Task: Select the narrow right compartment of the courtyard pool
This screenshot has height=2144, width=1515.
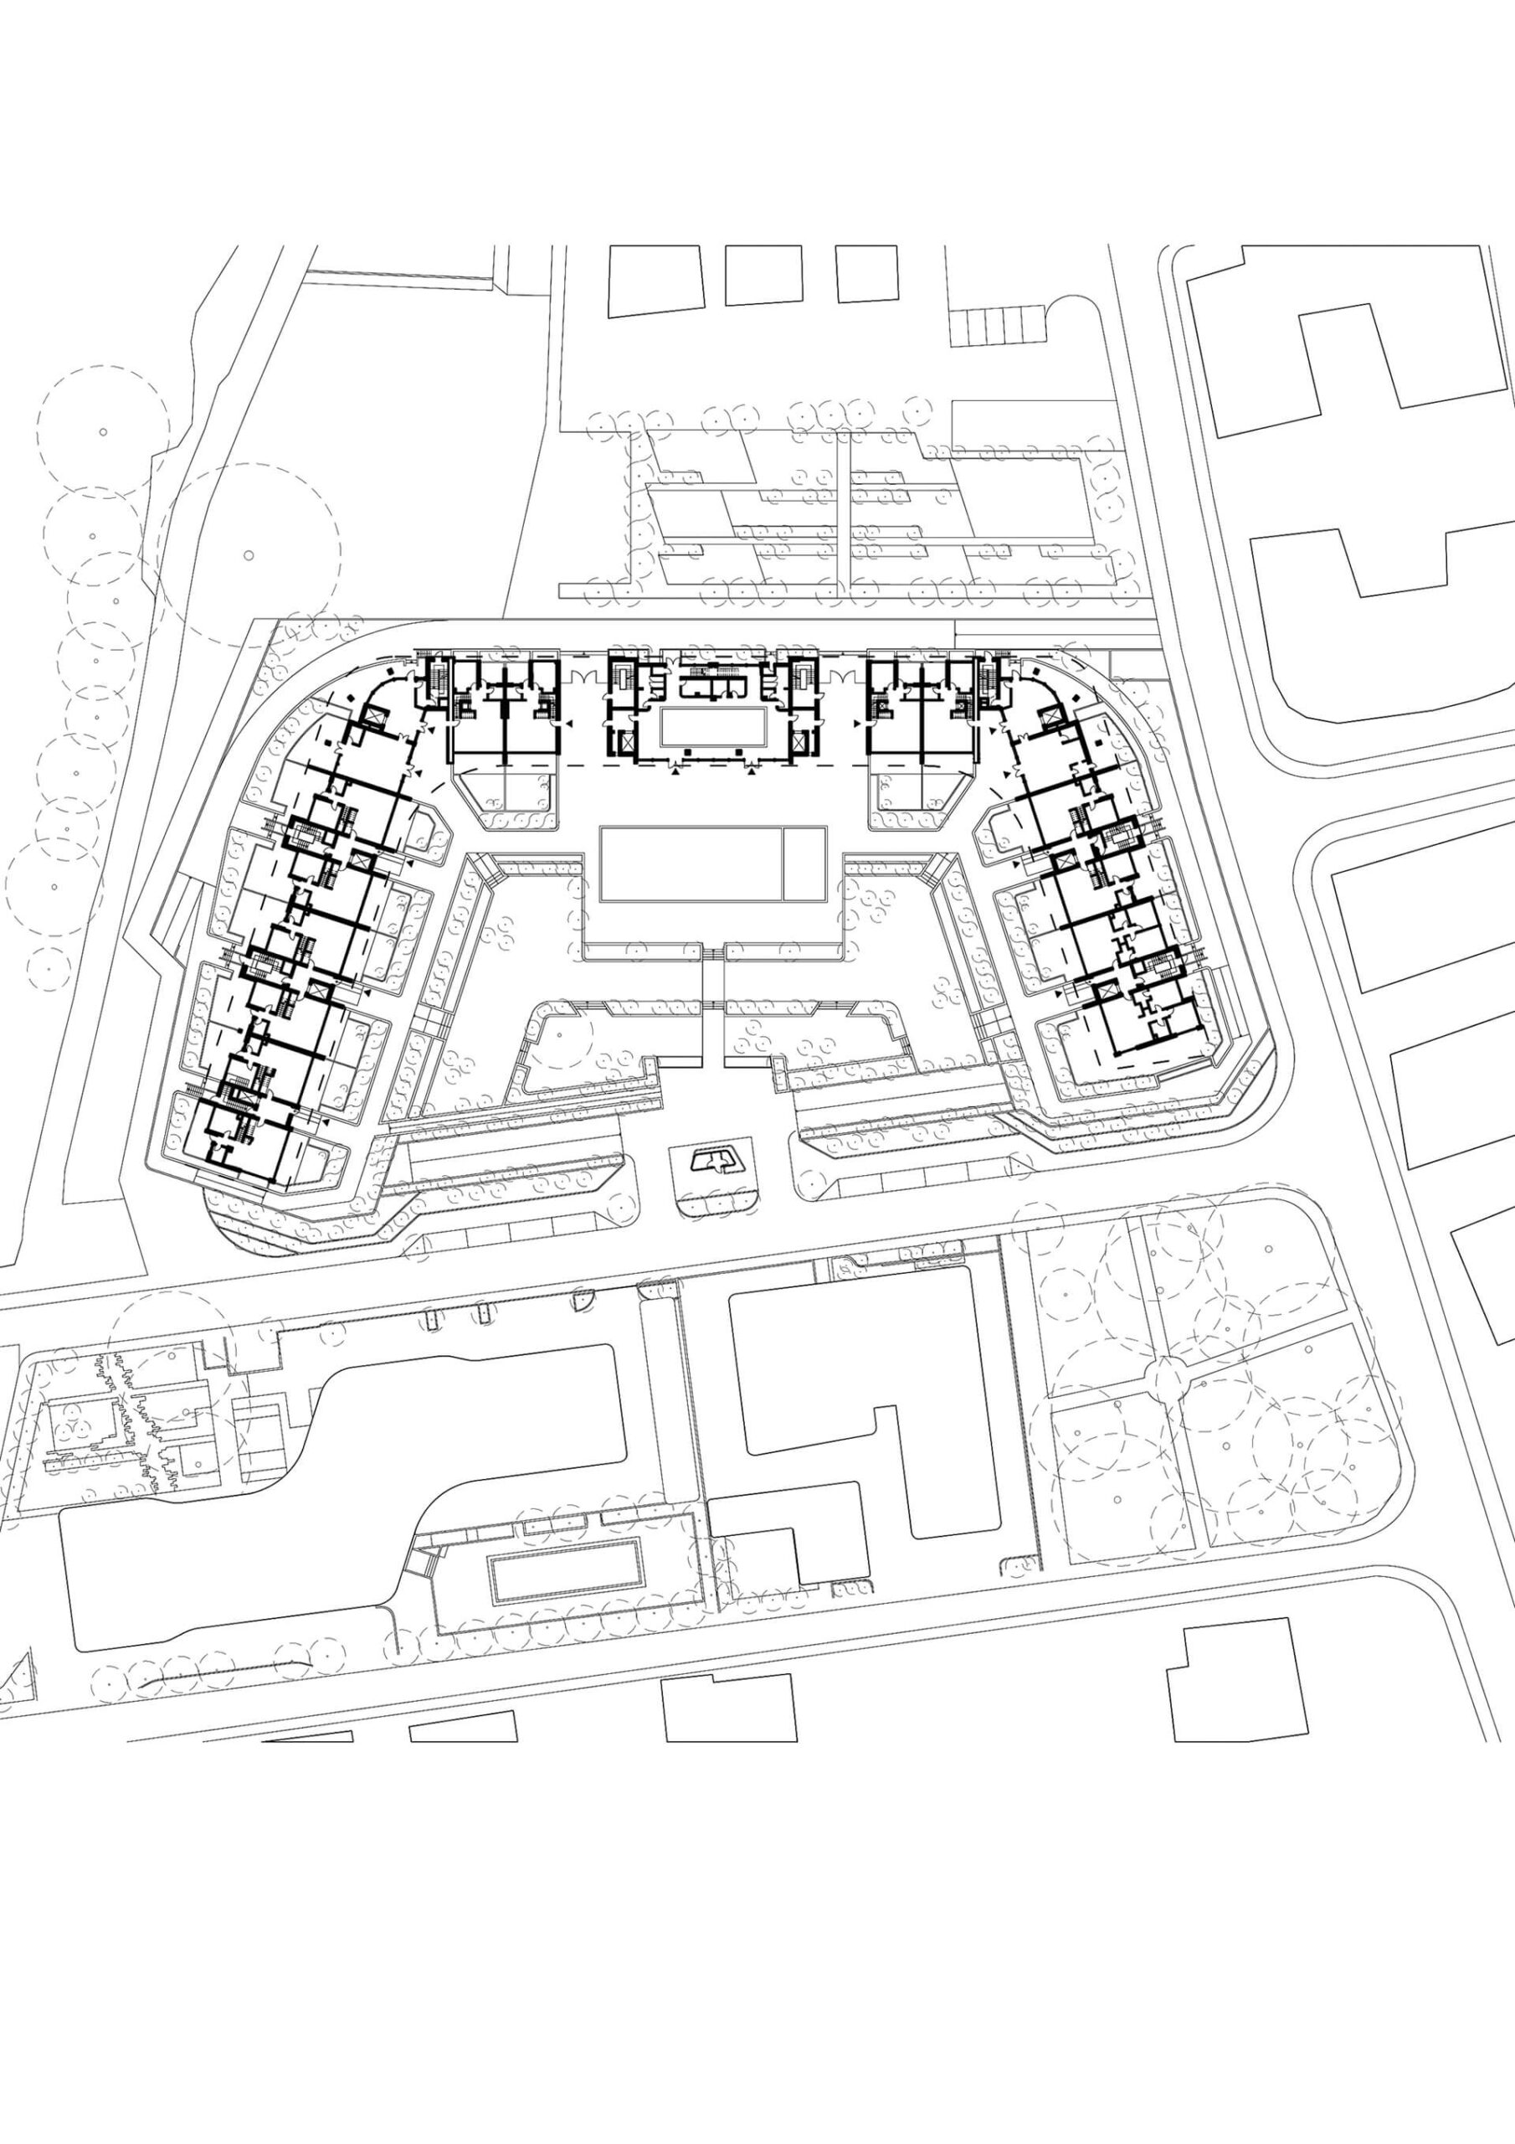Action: (x=804, y=863)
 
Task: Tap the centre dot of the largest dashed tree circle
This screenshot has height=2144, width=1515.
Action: (x=249, y=554)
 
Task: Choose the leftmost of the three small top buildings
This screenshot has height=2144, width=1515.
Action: (x=655, y=280)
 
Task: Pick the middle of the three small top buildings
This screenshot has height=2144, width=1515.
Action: (x=763, y=275)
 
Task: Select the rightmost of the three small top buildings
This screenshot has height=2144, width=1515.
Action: (x=866, y=273)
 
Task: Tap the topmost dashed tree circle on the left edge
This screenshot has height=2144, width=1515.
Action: (x=103, y=431)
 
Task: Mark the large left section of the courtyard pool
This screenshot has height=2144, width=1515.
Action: (x=690, y=863)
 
